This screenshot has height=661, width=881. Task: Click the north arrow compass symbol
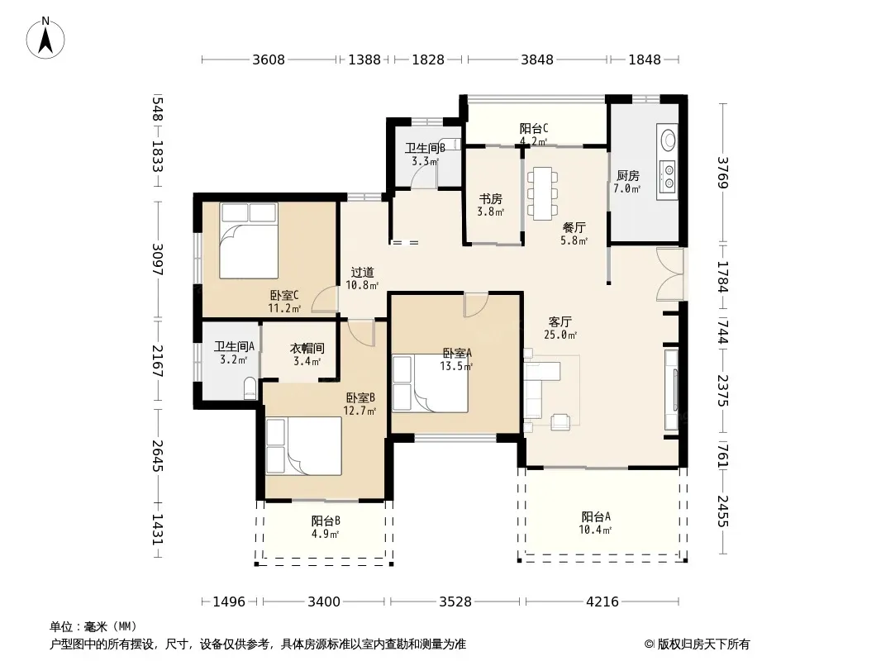(45, 38)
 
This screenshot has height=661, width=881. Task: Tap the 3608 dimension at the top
(269, 59)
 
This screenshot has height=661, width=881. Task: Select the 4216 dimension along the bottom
(602, 602)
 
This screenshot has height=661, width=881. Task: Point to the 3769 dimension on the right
(722, 173)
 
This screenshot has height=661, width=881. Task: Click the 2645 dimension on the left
(158, 456)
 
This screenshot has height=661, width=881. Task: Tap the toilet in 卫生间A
(250, 388)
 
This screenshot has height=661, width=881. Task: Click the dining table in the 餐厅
(543, 193)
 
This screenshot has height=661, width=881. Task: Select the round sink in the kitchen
(668, 140)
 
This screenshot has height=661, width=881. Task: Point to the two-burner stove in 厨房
(668, 176)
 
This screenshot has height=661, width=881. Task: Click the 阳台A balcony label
(596, 516)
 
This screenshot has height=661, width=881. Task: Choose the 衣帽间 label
(307, 349)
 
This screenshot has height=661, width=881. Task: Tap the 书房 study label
(491, 199)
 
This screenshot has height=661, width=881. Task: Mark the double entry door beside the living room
(671, 274)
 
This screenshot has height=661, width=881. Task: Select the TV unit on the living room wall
(671, 389)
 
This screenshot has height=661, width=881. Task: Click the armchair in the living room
(560, 421)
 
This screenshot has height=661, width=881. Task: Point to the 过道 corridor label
(363, 273)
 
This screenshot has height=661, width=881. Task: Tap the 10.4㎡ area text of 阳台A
(596, 530)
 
